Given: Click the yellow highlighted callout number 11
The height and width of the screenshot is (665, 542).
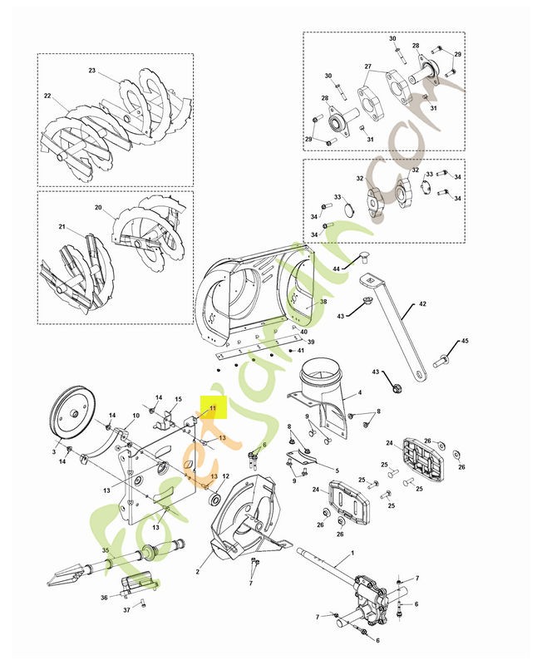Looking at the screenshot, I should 212,408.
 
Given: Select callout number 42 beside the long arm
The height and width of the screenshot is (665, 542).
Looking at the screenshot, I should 422,305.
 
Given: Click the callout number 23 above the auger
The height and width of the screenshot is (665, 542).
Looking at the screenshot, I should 92,71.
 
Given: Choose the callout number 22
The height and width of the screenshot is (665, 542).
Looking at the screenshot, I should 48,96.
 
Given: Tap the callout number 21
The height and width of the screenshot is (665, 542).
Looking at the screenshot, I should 61,226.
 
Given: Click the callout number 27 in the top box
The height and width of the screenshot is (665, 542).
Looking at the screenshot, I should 367,66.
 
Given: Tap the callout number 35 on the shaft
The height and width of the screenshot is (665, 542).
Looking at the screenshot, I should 105,551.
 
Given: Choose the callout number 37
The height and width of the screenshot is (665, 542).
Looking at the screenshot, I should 127,610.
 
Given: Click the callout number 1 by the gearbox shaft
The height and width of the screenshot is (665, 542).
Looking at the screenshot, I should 352,554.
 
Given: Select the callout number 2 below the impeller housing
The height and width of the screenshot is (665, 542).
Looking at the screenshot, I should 198,573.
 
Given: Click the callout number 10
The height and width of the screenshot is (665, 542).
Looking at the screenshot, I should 137,416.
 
